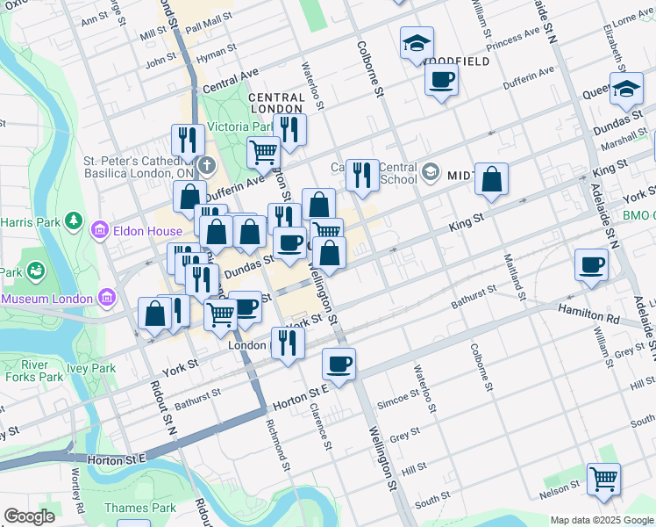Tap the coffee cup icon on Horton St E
pyautogui.click(x=339, y=364)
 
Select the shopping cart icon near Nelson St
pyautogui.click(x=603, y=480)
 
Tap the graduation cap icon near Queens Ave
pyautogui.click(x=626, y=89)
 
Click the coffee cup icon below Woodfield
pyautogui.click(x=441, y=80)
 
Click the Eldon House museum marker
pyautogui.click(x=99, y=231)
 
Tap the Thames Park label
pyautogui.click(x=139, y=508)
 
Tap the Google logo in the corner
pyautogui.click(x=29, y=516)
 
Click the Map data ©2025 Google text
pyautogui.click(x=602, y=520)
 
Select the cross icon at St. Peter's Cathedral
pyautogui.click(x=205, y=165)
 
